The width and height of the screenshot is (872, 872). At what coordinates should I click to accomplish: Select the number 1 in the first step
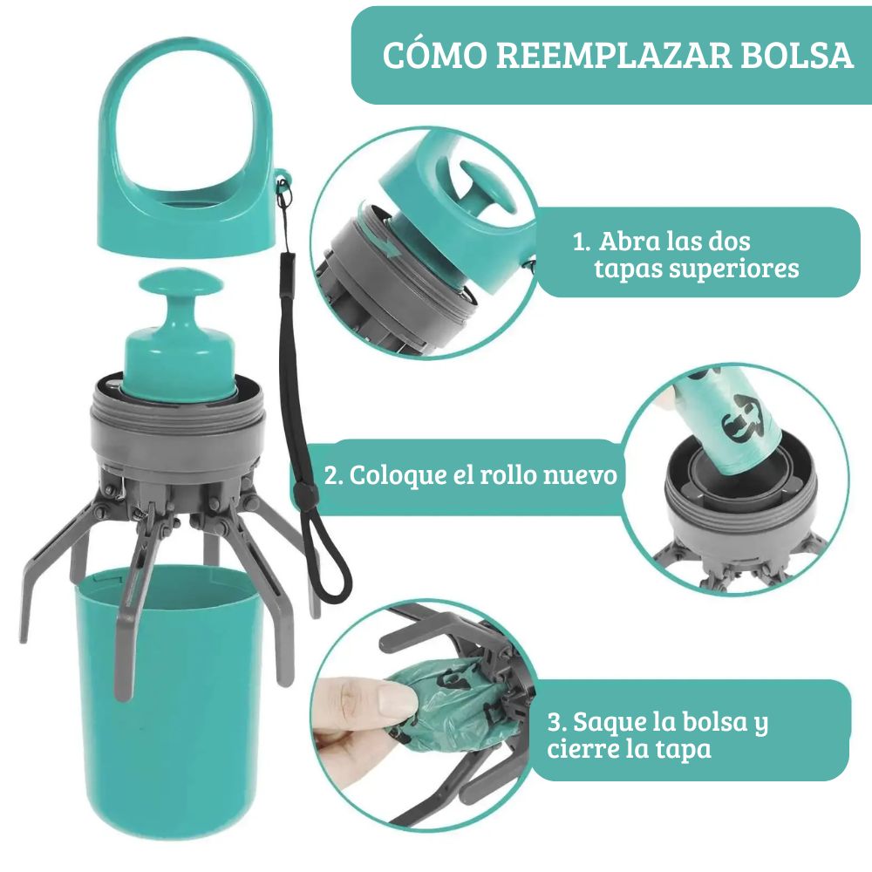(x=581, y=242)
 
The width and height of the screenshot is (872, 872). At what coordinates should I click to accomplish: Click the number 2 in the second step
(x=331, y=476)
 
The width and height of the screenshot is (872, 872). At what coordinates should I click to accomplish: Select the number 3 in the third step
(x=555, y=722)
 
